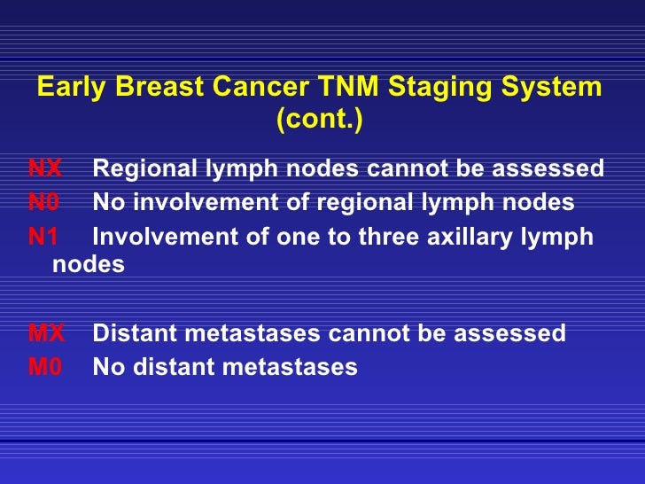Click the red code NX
click(45, 168)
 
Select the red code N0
click(43, 203)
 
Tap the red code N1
click(43, 238)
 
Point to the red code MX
click(46, 333)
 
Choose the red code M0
click(45, 367)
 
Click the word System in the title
click(558, 90)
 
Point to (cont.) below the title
click(320, 120)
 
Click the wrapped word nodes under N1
click(89, 264)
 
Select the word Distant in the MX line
click(129, 333)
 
